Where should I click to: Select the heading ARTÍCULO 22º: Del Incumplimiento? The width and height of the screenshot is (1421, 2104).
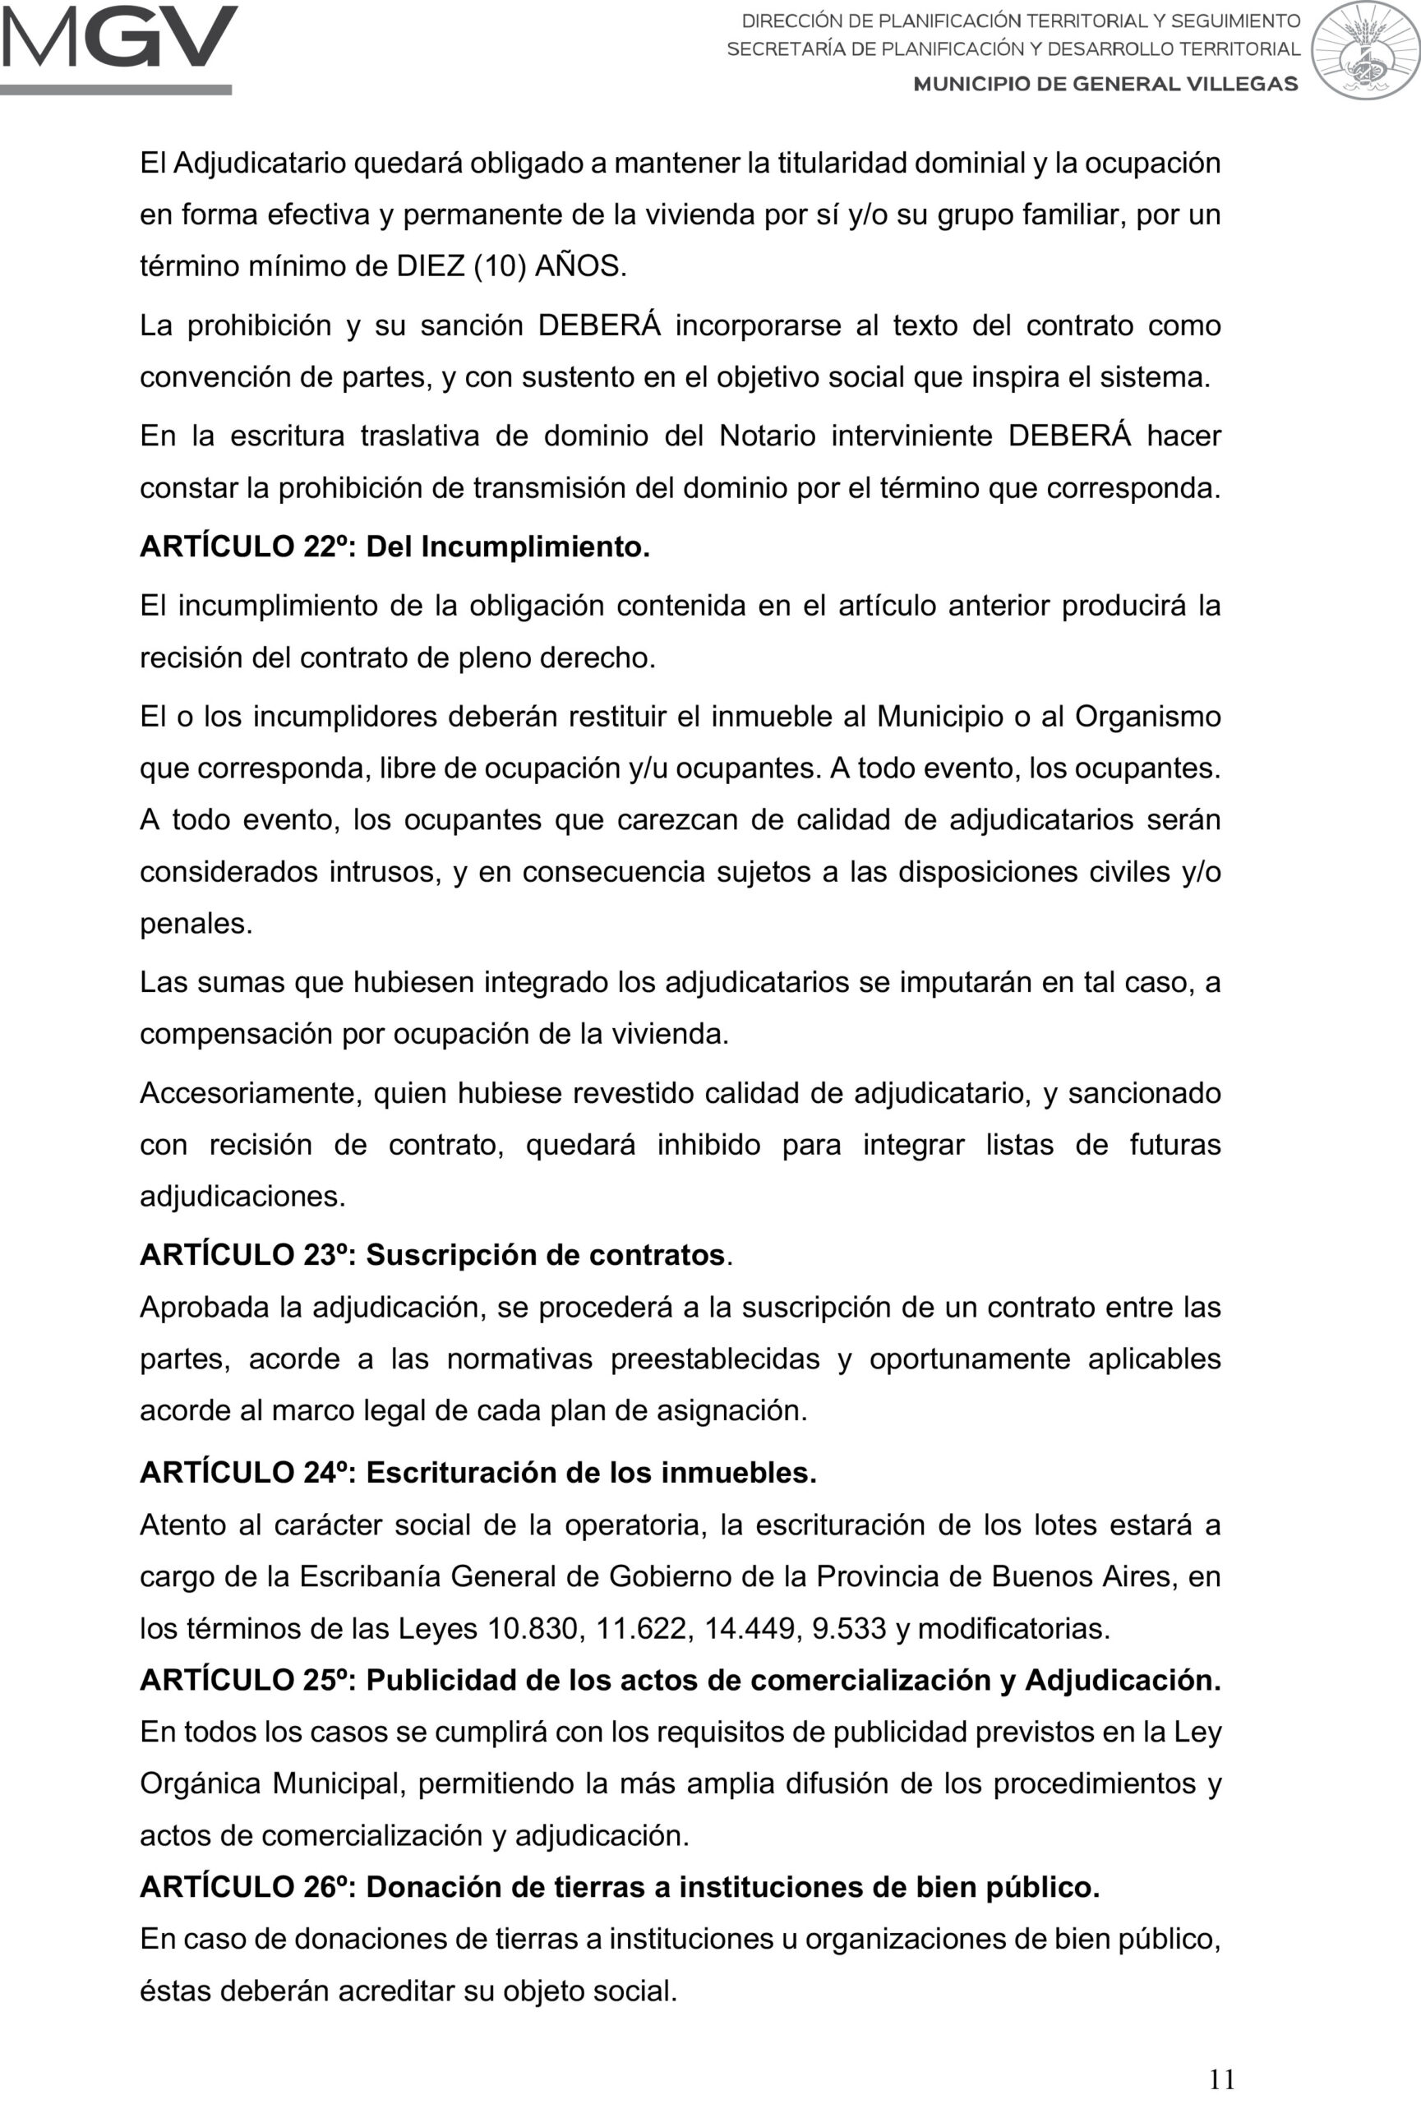coord(394,547)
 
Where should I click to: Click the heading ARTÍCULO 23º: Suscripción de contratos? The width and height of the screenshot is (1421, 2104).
coord(436,1255)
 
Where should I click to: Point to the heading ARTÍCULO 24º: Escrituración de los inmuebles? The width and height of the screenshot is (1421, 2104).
coord(478,1473)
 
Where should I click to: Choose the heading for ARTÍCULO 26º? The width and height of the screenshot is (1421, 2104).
coord(619,1887)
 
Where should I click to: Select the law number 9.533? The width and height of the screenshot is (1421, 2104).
coord(849,1629)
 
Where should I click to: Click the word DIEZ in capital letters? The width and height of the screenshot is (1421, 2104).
coord(431,266)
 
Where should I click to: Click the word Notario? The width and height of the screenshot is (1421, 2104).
coord(768,436)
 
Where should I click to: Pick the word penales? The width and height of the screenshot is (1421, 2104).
coord(196,925)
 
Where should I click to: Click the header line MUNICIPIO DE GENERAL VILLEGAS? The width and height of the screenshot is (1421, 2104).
coord(1105,84)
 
